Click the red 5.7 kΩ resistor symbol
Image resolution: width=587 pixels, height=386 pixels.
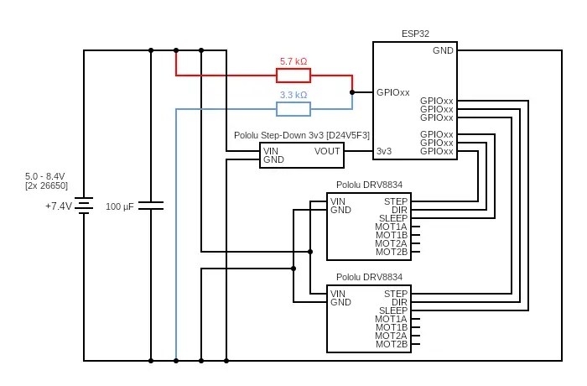(x=293, y=76)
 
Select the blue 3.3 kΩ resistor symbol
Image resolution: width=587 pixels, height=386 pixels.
(x=293, y=109)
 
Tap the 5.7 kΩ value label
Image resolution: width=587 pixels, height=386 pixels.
(x=293, y=62)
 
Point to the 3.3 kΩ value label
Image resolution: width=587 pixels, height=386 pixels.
(x=293, y=96)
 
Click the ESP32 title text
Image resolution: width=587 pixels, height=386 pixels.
(x=416, y=34)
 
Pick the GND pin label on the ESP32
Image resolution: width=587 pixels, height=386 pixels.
(x=443, y=50)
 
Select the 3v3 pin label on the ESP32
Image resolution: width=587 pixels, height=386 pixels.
(x=385, y=151)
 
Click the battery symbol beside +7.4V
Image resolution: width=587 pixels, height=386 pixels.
(x=84, y=206)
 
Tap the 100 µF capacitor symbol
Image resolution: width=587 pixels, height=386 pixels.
(x=151, y=206)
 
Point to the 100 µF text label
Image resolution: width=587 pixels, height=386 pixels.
(x=121, y=206)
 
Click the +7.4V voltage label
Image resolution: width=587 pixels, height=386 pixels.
(x=59, y=206)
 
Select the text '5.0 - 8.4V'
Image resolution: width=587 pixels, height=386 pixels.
(x=46, y=176)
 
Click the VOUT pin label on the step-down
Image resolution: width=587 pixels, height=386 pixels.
(x=327, y=151)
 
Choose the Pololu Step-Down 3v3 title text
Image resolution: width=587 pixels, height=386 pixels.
(x=302, y=135)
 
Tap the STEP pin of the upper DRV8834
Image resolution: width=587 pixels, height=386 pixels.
(x=396, y=201)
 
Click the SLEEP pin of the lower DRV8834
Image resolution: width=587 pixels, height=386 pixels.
(x=393, y=310)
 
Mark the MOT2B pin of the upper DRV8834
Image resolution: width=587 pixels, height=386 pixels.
(x=392, y=252)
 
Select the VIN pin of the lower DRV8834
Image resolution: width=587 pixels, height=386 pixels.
(x=338, y=294)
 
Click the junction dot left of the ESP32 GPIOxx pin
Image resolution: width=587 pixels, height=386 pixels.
(x=352, y=92)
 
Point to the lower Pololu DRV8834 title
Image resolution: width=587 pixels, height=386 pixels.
(x=369, y=277)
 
